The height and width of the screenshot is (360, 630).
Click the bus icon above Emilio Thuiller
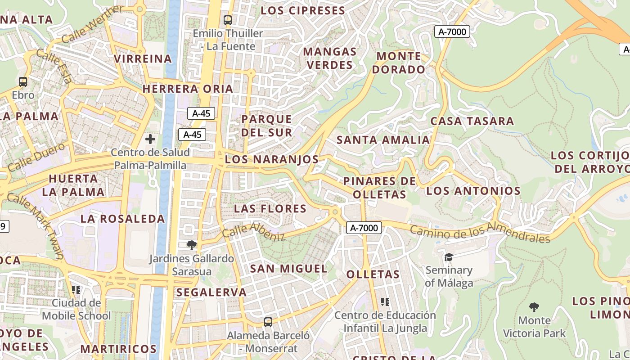(x=227, y=20)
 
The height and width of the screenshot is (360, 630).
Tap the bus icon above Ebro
(x=23, y=82)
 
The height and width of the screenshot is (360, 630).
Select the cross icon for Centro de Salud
(x=150, y=139)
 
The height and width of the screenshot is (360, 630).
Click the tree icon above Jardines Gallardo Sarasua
(x=192, y=245)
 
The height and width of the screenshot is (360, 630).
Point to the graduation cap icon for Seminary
(x=449, y=257)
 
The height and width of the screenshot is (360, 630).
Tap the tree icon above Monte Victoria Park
(x=534, y=307)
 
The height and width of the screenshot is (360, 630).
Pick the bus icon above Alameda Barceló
(x=268, y=322)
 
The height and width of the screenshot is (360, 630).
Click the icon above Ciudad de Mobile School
(x=76, y=289)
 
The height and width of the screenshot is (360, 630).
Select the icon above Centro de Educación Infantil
(x=385, y=301)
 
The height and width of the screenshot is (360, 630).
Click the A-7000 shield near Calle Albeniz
(x=364, y=228)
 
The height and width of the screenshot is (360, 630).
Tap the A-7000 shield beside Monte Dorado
(x=452, y=31)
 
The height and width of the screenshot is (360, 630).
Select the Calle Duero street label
(x=36, y=157)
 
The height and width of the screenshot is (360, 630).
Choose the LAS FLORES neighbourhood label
(x=270, y=209)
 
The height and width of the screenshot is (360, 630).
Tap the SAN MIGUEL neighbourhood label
(x=288, y=269)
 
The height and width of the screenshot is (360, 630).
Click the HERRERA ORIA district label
(x=188, y=89)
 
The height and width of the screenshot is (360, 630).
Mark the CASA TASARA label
(x=472, y=121)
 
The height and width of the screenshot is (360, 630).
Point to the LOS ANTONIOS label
(x=473, y=191)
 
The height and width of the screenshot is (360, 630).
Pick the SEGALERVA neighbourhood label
(x=211, y=292)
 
